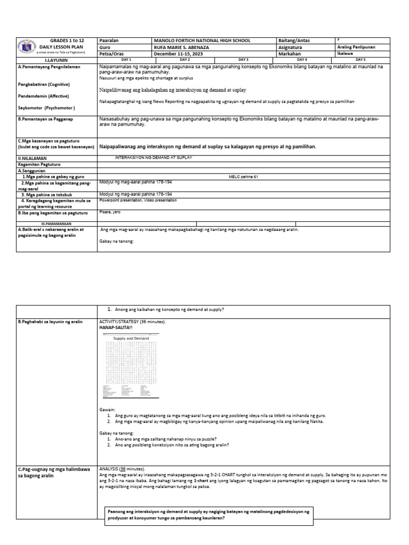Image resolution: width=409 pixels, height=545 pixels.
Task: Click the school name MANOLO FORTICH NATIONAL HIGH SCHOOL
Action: (202, 40)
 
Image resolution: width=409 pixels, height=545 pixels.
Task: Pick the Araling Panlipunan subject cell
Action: (356, 47)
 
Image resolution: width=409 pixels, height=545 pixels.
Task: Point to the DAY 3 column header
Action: (243, 60)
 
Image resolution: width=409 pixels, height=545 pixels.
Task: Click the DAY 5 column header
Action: (361, 60)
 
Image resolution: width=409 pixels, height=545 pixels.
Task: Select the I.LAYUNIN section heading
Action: (56, 60)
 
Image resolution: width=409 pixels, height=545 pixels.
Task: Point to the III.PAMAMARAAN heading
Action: (56, 224)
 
